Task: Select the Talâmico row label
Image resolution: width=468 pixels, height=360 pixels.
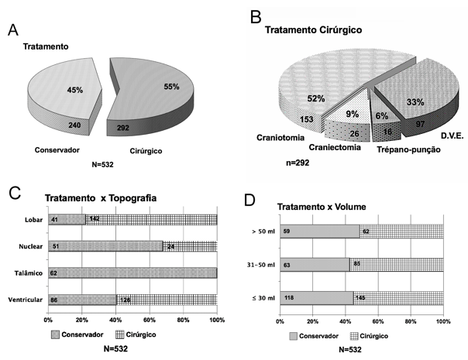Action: [x=28, y=273]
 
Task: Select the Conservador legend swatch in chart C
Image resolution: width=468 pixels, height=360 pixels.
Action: [x=55, y=333]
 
